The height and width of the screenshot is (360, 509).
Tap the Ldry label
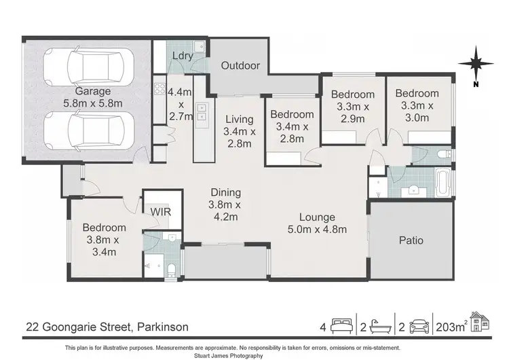point(181,55)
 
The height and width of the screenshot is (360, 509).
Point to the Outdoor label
point(240,66)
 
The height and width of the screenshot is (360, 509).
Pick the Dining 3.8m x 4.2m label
point(225,204)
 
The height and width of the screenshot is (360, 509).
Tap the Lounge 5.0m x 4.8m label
point(317,223)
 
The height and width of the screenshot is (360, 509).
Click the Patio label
point(411,240)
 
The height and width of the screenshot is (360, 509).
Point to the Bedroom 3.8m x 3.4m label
point(104,240)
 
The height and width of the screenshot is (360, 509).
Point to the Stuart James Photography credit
point(254,355)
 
